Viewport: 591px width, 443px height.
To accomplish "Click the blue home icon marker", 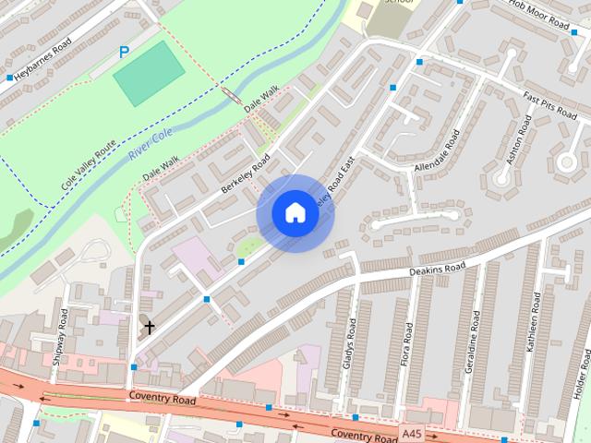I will point(295,212).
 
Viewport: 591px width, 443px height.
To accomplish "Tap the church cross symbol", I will point(149,327).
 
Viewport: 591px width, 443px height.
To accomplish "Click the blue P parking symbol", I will point(124,54).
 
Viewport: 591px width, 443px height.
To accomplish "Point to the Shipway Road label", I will point(60,336).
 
